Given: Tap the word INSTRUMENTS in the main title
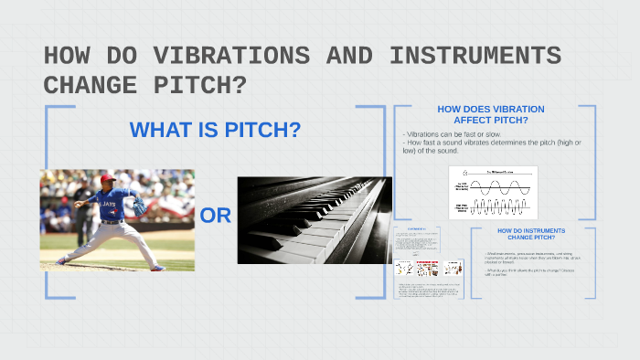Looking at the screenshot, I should (x=475, y=57).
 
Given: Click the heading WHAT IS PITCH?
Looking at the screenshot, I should (x=215, y=131).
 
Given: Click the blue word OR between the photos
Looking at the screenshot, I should (x=216, y=217).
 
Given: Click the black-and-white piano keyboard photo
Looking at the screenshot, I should (x=315, y=220).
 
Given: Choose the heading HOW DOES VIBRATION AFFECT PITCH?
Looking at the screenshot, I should (x=495, y=114).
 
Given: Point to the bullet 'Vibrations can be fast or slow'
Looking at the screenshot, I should (x=448, y=134).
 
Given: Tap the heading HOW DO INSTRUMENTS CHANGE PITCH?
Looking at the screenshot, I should (x=531, y=234).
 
